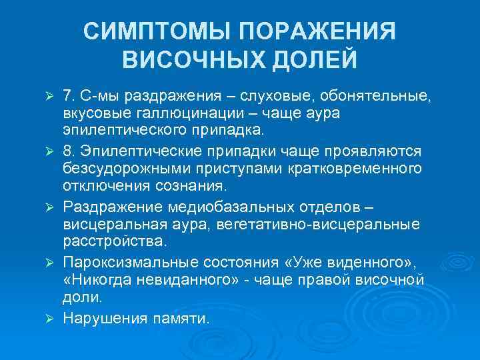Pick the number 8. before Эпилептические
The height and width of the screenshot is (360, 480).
click(71, 152)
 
